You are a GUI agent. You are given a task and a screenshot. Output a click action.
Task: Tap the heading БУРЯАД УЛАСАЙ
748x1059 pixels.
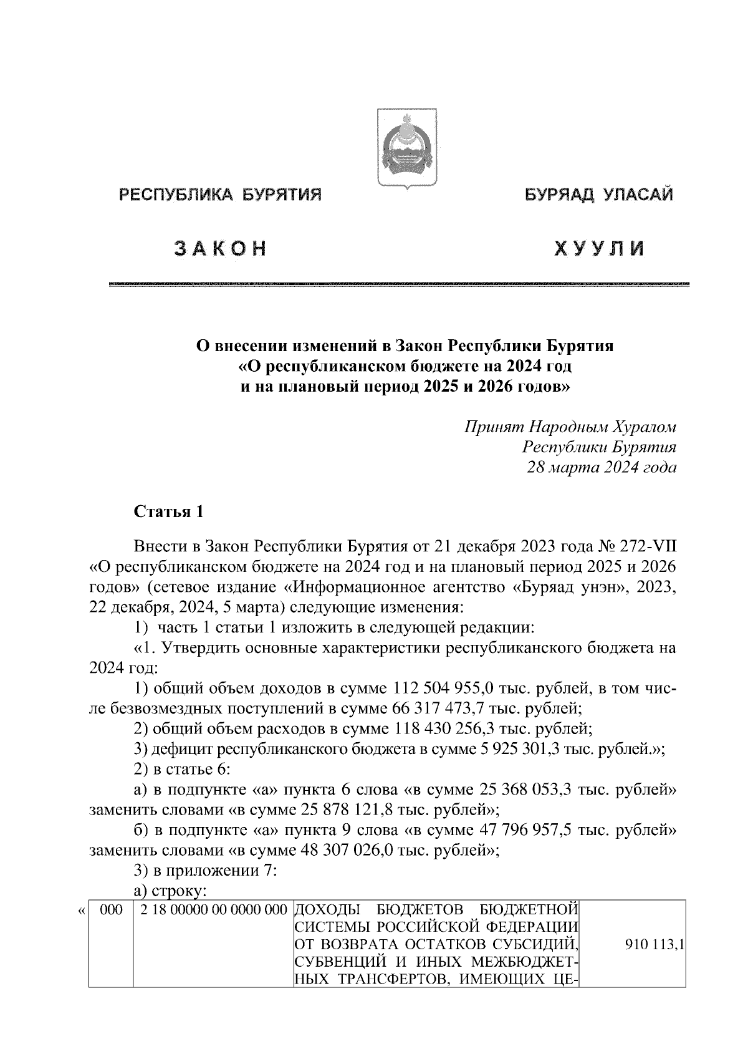click(x=598, y=195)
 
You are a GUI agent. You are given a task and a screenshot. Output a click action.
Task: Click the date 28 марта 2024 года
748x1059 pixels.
click(x=602, y=467)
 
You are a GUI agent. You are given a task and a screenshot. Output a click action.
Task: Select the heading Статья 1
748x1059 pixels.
click(x=169, y=512)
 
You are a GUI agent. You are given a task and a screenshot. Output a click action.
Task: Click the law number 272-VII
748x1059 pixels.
click(x=649, y=547)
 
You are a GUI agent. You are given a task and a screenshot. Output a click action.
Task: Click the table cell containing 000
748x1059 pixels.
click(x=111, y=911)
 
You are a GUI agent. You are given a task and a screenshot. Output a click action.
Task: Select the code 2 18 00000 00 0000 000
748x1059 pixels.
click(x=213, y=911)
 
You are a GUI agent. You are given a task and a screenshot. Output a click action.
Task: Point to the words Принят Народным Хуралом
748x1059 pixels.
click(x=570, y=427)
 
